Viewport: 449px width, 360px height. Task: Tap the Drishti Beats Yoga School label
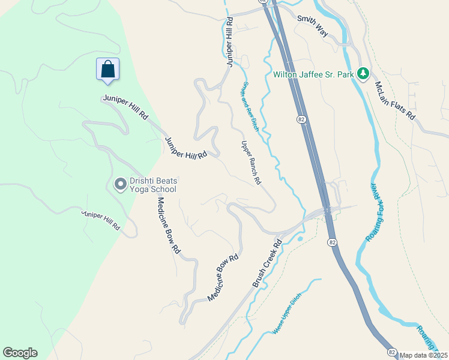[x=154, y=185]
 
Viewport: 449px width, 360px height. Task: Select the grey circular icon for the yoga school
[x=120, y=184]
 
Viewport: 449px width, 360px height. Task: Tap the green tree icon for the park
[x=363, y=74]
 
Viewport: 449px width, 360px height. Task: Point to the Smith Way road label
[x=312, y=26]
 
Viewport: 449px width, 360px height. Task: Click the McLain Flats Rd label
[x=394, y=101]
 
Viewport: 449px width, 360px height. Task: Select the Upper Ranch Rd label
[x=251, y=163]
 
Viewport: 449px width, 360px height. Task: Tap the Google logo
[x=20, y=353]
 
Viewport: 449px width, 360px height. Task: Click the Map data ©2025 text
[x=423, y=355]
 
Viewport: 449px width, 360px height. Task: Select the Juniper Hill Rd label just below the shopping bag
[x=125, y=107]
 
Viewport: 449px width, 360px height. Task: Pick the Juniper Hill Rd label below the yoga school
[x=100, y=220]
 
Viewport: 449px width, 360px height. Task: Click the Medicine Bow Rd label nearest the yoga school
[x=167, y=223]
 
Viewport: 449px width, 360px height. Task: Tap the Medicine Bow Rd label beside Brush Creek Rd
[x=223, y=278]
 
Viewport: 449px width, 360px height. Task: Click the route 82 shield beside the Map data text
[x=391, y=352]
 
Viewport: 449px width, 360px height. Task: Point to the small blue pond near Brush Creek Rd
[x=300, y=239]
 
